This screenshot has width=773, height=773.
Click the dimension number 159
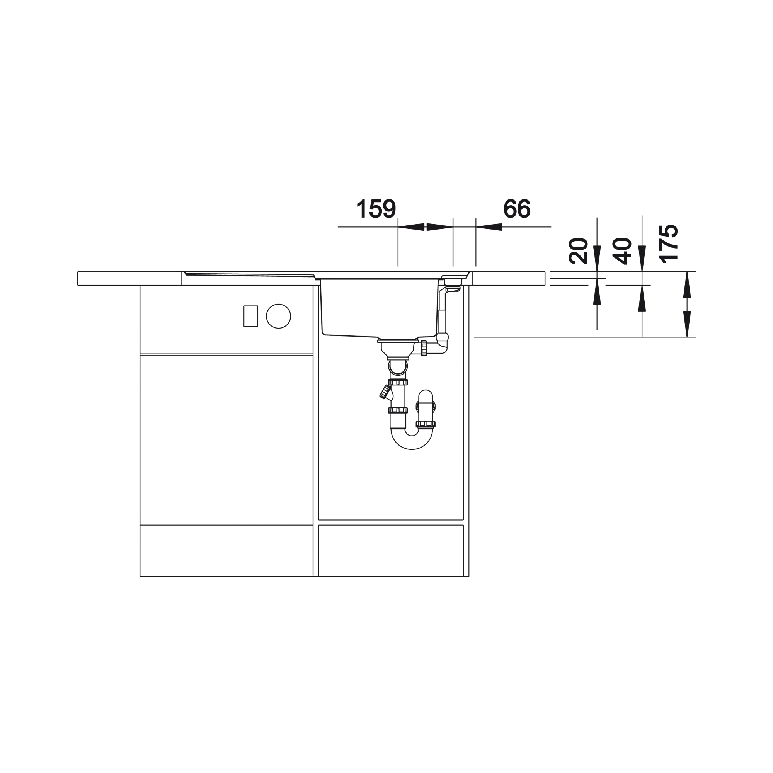[x=376, y=208]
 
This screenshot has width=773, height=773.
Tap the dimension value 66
[x=516, y=208]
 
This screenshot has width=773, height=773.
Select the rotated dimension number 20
[x=578, y=251]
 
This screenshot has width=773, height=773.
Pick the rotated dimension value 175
[x=668, y=243]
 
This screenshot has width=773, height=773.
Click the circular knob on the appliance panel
[x=278, y=316]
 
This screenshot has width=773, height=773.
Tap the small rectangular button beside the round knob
[x=251, y=316]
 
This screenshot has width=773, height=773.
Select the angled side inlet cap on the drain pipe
[x=386, y=392]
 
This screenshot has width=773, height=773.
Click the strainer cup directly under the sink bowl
[x=395, y=349]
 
